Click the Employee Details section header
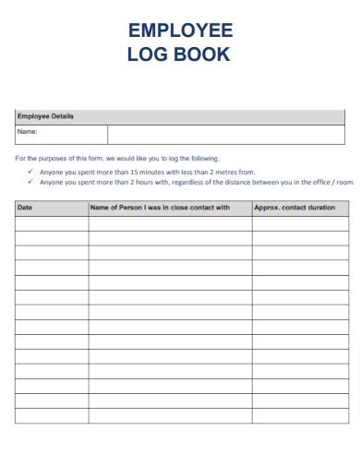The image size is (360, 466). pyautogui.click(x=45, y=116)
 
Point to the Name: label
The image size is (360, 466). pyautogui.click(x=27, y=133)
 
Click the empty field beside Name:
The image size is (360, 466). pyautogui.click(x=226, y=134)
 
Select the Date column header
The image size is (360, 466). pyautogui.click(x=25, y=208)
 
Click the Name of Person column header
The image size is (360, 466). pyautogui.click(x=160, y=208)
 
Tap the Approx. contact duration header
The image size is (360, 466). pyautogui.click(x=294, y=208)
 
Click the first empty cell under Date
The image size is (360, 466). pyautogui.click(x=52, y=223)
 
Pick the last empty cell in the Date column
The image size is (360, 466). pyautogui.click(x=52, y=415)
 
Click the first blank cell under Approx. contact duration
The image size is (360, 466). pyautogui.click(x=303, y=223)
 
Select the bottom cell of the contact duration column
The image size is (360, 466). pyautogui.click(x=303, y=415)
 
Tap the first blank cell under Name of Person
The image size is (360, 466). pyautogui.click(x=170, y=223)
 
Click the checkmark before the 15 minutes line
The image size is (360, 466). pyautogui.click(x=30, y=172)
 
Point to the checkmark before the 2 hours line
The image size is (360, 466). pyautogui.click(x=30, y=182)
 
